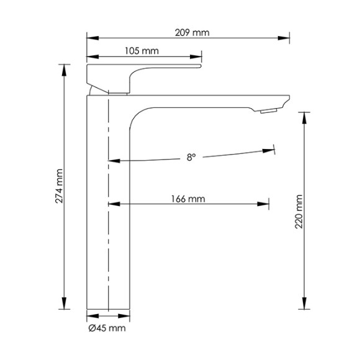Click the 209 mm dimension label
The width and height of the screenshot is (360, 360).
point(192,33)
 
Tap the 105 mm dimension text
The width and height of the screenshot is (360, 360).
point(142,51)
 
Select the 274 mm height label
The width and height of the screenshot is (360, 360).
point(59,186)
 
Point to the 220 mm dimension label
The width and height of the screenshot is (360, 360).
point(299,212)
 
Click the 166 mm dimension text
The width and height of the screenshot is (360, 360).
point(188,199)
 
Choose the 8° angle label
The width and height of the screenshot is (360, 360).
point(191,158)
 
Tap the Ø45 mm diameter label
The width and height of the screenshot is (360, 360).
point(107,328)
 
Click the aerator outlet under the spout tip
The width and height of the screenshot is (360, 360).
point(269,111)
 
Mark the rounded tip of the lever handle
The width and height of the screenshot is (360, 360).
point(200,66)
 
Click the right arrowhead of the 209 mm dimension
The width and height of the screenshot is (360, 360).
point(284,38)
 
